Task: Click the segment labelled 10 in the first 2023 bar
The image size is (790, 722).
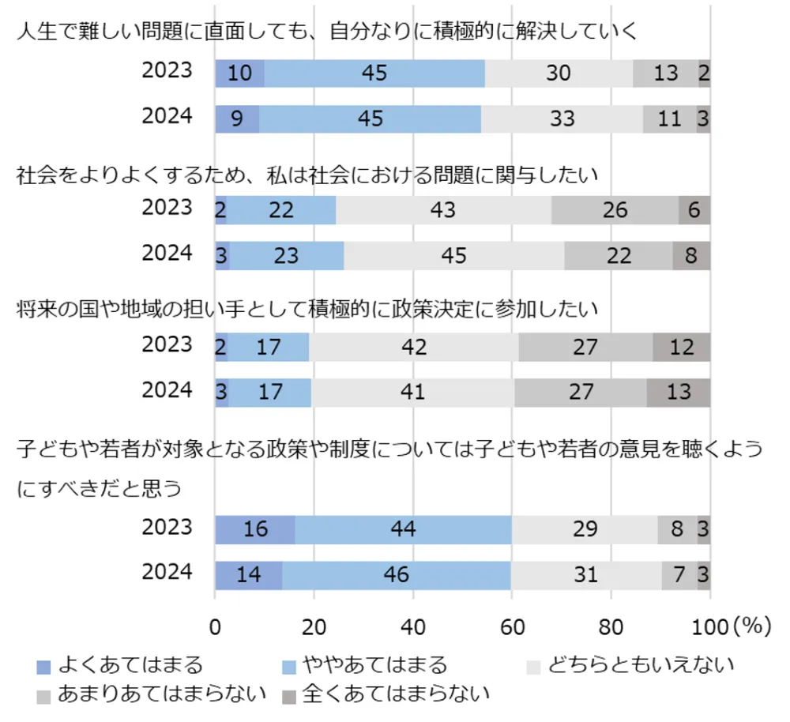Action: pos(239,73)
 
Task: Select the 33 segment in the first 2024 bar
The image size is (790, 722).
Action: pos(562,119)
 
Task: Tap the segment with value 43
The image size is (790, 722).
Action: pos(443,210)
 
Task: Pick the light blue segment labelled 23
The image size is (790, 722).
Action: pos(287,256)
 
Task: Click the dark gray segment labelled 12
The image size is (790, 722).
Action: pos(681,347)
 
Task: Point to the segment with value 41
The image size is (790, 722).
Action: pos(412,392)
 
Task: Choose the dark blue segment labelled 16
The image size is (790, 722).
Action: pos(254,528)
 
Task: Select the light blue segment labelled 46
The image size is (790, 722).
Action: pos(397,574)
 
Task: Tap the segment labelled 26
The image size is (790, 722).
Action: pos(615,210)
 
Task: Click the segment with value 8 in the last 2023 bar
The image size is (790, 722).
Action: pos(677,528)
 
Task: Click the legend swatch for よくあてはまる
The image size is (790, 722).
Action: pos(43,667)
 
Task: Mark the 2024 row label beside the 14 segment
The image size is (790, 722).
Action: pos(167,573)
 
